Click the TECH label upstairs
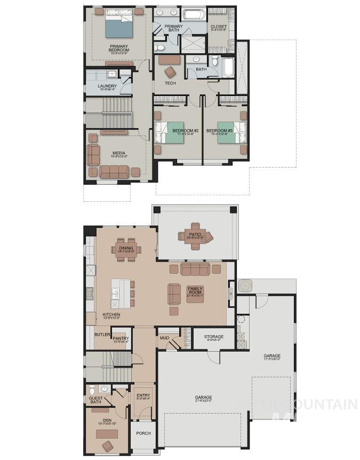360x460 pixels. [170, 83]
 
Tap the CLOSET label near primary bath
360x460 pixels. [219, 27]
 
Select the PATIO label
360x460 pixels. [194, 233]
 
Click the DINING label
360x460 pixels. [126, 248]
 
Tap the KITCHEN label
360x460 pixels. [111, 315]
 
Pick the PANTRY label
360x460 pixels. [120, 338]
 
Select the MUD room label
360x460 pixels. [164, 338]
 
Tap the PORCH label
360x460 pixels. [143, 433]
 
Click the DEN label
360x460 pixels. [107, 420]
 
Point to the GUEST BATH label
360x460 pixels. [95, 399]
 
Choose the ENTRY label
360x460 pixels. [143, 395]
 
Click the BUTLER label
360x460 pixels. [102, 335]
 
